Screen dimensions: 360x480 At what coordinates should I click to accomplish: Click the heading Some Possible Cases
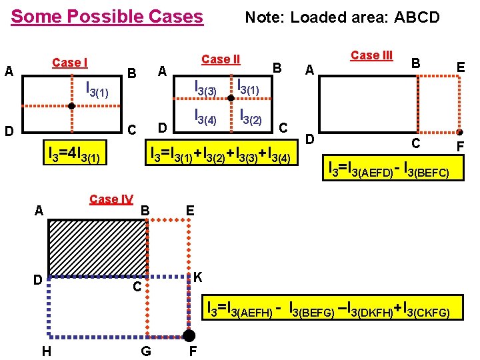tap(107, 16)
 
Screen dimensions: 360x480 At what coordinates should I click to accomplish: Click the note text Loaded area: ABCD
tap(342, 17)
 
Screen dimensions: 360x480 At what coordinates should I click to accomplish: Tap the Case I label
tap(69, 63)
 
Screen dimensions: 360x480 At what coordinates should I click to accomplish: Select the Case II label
tap(220, 59)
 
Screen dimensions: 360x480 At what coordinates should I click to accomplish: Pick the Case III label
tap(371, 55)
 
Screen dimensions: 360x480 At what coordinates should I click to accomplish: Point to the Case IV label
tap(111, 199)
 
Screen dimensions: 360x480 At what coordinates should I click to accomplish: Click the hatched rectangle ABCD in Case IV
tap(97, 247)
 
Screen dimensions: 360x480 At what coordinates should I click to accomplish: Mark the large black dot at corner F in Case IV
tap(189, 335)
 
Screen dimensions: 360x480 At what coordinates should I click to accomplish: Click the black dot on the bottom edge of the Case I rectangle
tap(71, 106)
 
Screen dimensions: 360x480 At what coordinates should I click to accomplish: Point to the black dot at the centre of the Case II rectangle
tap(230, 99)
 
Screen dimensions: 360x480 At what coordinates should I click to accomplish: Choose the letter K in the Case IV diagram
tap(198, 277)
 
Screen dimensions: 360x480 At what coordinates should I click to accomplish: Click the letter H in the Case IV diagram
tap(46, 351)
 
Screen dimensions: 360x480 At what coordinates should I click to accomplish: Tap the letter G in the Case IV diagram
tap(145, 351)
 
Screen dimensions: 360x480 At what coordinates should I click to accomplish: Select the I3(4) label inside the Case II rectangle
tap(205, 116)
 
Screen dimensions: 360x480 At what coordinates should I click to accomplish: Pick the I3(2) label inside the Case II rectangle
tap(250, 117)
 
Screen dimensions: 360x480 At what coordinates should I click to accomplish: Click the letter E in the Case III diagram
tap(460, 67)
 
